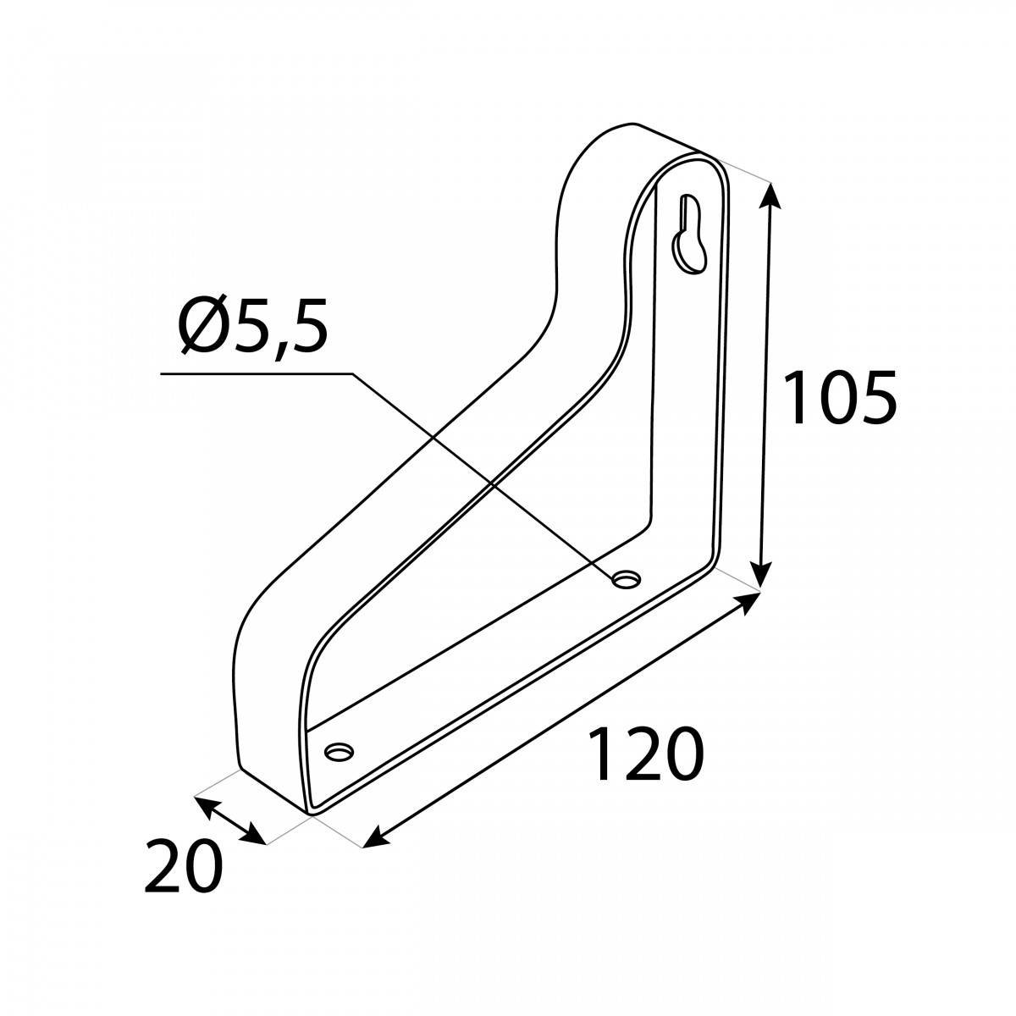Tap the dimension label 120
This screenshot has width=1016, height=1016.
[x=646, y=754]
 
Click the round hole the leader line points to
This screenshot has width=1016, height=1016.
[x=626, y=579]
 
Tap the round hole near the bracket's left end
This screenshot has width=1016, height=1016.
[x=339, y=751]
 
